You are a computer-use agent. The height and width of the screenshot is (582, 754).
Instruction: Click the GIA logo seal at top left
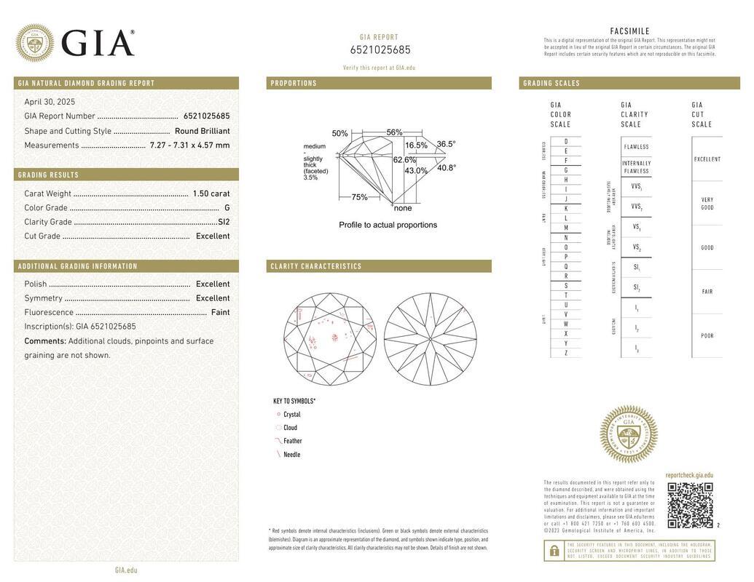pos(34,43)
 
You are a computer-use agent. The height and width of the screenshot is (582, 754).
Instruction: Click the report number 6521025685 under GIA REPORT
pos(380,50)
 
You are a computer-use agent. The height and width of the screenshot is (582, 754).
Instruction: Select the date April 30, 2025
pos(50,102)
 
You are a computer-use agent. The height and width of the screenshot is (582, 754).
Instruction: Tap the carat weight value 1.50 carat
pos(211,194)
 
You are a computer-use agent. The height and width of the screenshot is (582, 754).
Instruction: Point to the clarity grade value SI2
pos(224,222)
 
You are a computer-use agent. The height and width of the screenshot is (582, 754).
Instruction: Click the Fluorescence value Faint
pos(220,312)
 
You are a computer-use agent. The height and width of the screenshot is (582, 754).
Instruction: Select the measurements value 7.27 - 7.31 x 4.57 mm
pos(189,145)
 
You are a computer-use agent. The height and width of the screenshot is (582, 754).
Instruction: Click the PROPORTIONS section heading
pos(294,84)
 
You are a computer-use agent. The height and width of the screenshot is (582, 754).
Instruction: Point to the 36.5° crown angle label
pos(446,144)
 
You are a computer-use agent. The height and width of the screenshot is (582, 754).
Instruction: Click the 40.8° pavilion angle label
pos(447,167)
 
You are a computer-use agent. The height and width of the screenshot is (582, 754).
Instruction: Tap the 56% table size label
pos(394,132)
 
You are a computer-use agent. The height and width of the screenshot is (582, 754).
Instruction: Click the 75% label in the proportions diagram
pos(359,197)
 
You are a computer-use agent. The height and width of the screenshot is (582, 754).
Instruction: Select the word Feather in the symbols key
pos(292,441)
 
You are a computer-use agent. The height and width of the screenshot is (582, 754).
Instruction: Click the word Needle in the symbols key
pos(291,455)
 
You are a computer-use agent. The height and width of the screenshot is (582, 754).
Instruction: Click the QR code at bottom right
pos(690,505)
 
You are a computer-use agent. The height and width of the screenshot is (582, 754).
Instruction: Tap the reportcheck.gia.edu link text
pos(689,475)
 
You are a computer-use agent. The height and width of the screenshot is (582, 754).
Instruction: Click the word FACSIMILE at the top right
pos(629,31)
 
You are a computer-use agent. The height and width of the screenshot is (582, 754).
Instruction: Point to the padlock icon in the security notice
pos(554,551)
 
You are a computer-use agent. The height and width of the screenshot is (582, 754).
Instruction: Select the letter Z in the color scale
pos(566,353)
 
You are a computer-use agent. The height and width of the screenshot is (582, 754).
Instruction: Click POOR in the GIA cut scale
pos(707,336)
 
